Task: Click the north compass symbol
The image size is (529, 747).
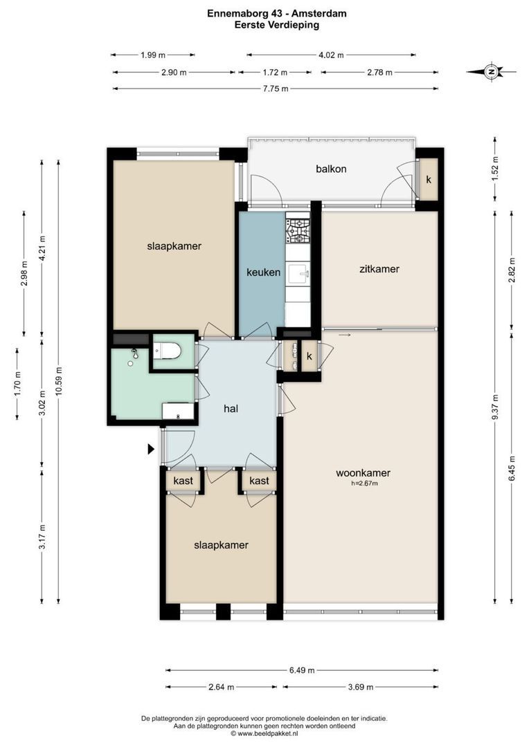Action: click(491, 73)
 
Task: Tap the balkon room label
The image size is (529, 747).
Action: click(331, 169)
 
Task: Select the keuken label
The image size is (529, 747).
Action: click(263, 273)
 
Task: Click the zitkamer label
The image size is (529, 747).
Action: click(379, 268)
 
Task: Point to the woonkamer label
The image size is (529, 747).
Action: click(363, 473)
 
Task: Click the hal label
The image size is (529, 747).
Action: click(231, 409)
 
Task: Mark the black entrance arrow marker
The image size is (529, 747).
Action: click(151, 449)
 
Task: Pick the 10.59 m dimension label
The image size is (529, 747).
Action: click(59, 382)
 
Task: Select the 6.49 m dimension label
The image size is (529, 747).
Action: click(302, 670)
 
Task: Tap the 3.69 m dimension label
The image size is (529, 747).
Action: click(361, 687)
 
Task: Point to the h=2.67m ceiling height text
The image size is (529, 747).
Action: click(364, 483)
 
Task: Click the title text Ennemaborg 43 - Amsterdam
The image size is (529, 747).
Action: click(277, 14)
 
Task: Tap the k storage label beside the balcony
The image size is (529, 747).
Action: click(429, 180)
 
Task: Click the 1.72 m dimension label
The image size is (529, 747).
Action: click(276, 73)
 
